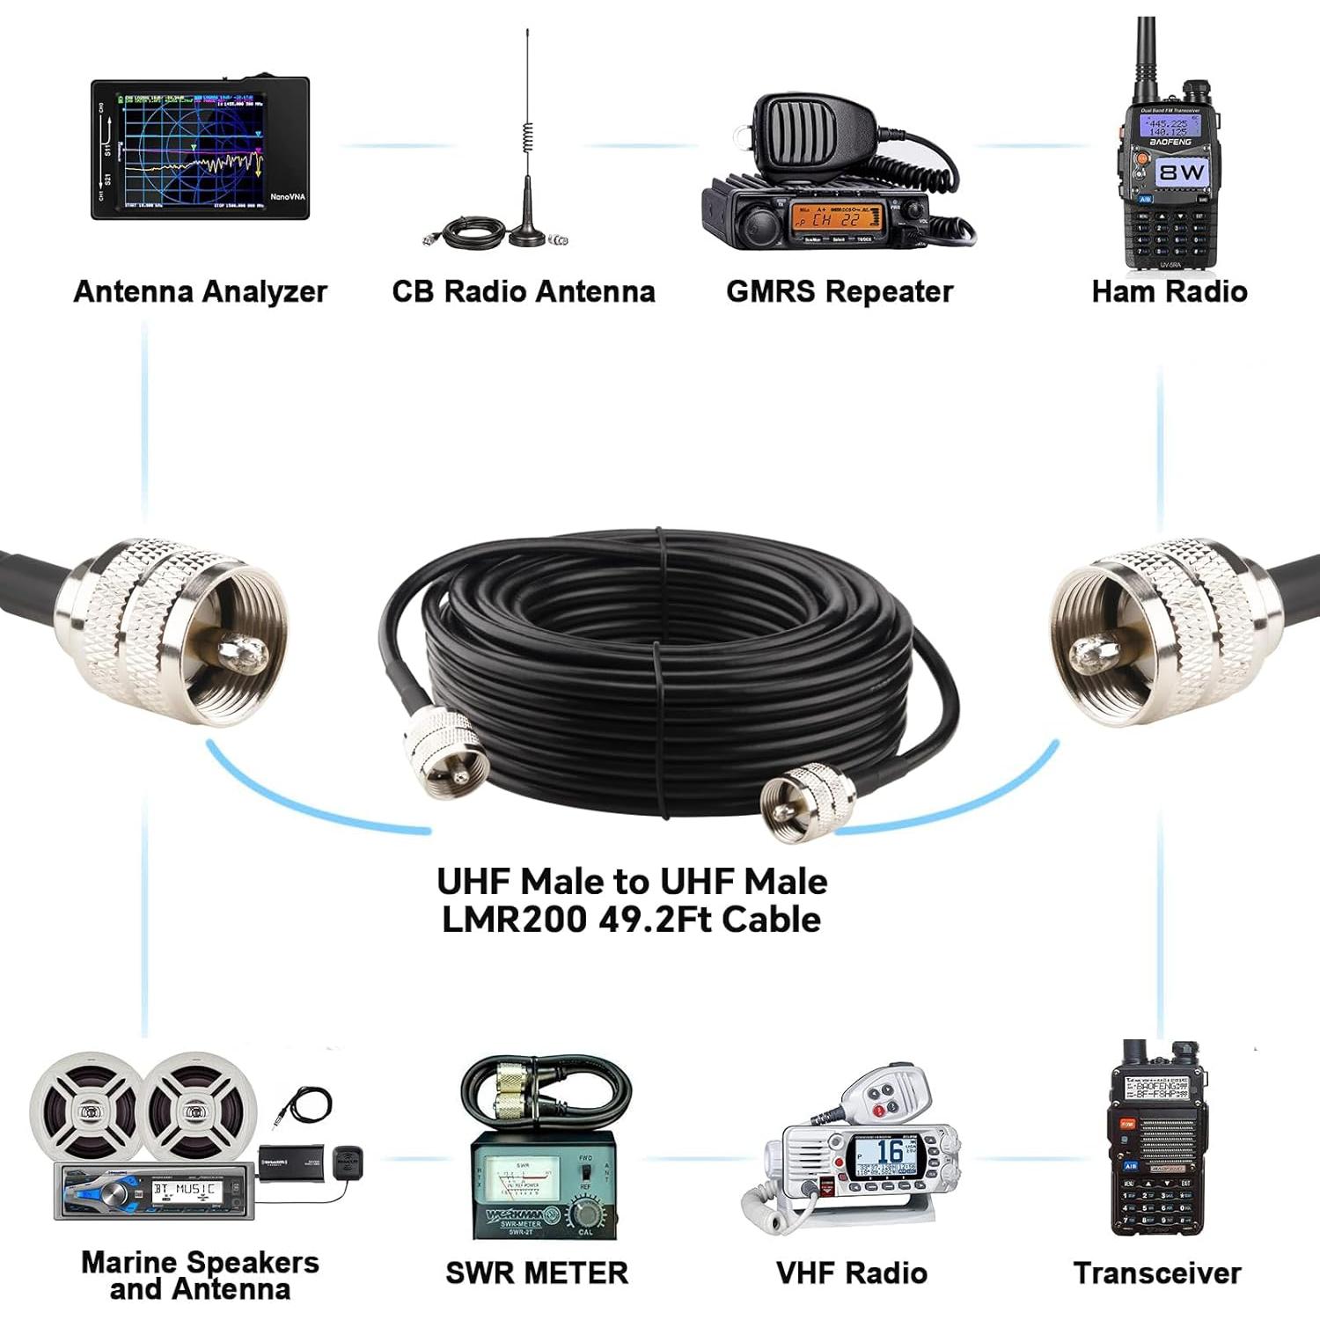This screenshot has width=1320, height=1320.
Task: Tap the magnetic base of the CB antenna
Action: pos(525,236)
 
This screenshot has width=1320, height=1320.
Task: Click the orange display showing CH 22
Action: pos(836,216)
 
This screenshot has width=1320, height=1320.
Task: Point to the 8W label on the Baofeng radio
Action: pos(1182,172)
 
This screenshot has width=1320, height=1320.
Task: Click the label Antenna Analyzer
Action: pos(200,291)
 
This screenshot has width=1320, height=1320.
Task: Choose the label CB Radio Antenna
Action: pos(524,291)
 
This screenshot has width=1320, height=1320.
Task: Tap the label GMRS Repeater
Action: pos(840,291)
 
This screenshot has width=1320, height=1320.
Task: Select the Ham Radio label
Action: pos(1169,291)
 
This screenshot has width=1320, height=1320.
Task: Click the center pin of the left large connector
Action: pos(242,652)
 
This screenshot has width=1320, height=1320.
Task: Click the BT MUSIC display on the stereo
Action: pos(184,1190)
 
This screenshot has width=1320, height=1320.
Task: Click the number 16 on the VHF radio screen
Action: pos(890,1151)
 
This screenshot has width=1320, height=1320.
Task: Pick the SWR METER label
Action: pos(537,1272)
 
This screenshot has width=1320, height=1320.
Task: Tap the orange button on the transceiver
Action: pos(1127,1125)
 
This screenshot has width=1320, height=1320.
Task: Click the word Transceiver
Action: pos(1157,1272)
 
